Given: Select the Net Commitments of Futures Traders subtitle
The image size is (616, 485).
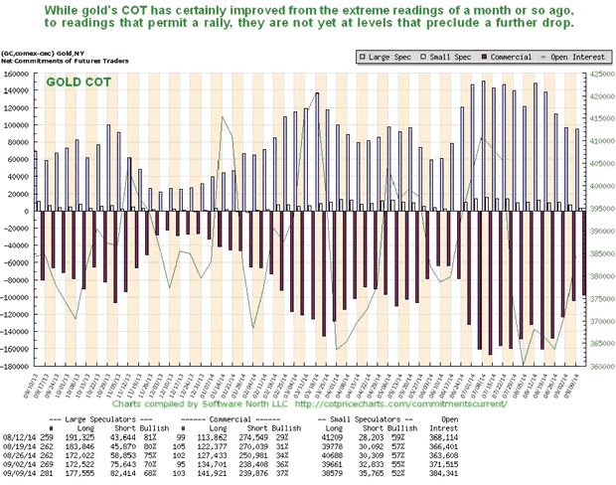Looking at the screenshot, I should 58,61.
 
